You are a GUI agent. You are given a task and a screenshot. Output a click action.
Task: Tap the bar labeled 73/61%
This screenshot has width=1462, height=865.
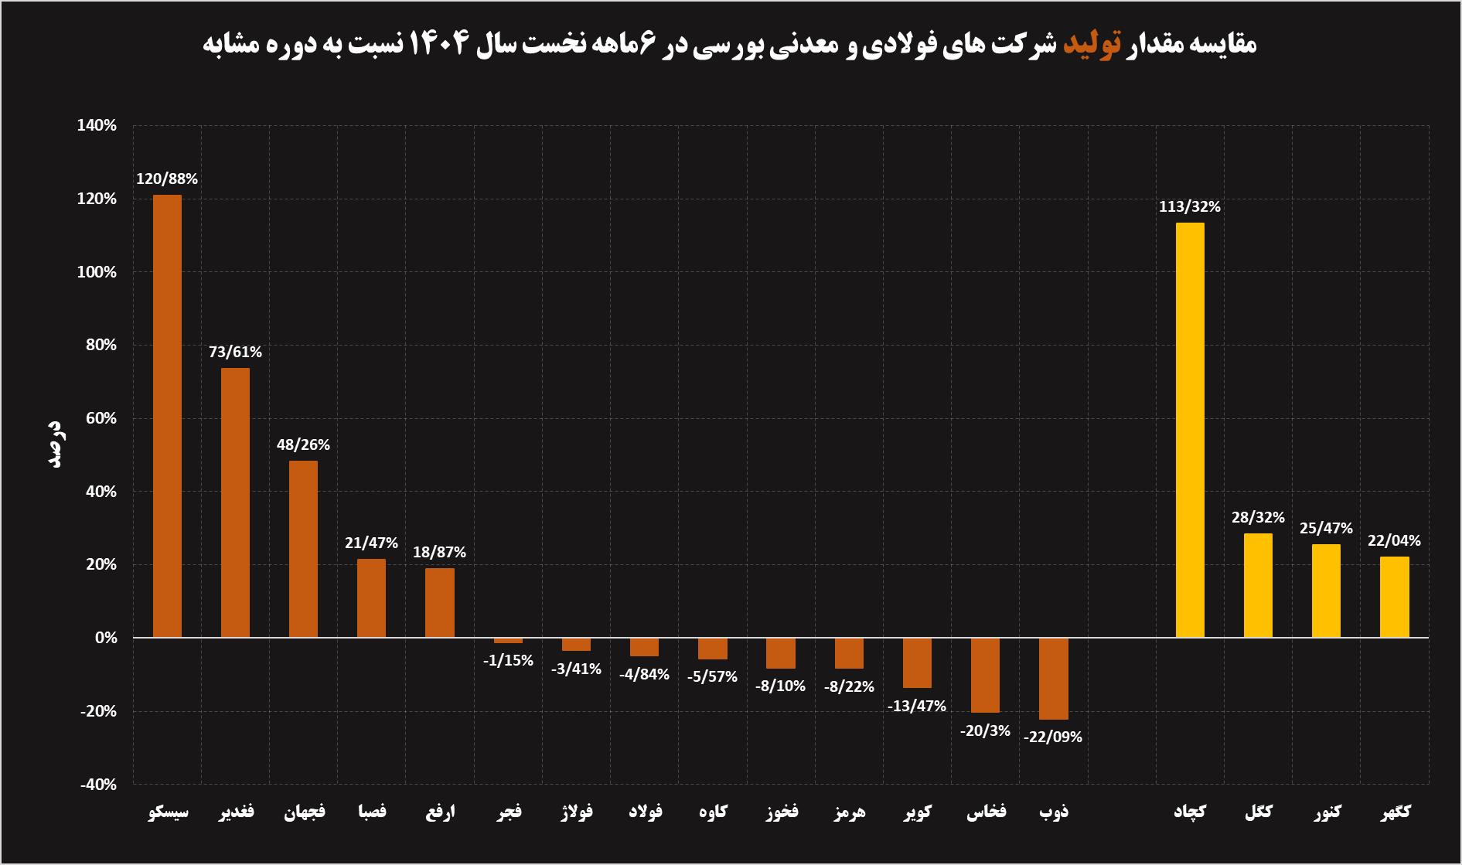coord(235,502)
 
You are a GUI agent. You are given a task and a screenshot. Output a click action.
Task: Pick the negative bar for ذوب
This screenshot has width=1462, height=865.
coord(1053,679)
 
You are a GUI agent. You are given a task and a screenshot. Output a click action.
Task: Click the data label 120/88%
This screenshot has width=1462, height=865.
coord(167,179)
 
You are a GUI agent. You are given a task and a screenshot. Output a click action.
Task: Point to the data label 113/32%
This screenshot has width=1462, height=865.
coord(1189,207)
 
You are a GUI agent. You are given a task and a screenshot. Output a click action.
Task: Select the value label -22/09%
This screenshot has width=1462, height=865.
coord(1053,737)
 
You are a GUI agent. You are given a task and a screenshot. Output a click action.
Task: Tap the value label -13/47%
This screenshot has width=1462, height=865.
coord(917,707)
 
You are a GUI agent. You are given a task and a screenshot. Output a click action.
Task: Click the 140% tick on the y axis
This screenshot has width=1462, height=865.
coord(97,126)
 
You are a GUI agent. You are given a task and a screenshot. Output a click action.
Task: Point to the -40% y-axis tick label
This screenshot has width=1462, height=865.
coord(97,785)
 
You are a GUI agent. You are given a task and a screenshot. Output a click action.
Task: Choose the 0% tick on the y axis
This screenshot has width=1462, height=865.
coord(106,639)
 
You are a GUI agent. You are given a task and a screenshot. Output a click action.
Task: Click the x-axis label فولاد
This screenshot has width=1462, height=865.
coord(645,812)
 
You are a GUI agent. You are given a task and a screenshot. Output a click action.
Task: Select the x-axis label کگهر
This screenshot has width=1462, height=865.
coord(1395,812)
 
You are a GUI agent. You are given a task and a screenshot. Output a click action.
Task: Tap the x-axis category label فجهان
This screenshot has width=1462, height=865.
coord(304,812)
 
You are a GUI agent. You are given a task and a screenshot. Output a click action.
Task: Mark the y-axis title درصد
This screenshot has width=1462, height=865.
coord(55,444)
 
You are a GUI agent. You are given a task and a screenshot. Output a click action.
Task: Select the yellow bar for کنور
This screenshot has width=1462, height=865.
coord(1326,591)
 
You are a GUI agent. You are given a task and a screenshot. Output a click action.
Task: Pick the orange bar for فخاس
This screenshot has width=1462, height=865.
coord(985,675)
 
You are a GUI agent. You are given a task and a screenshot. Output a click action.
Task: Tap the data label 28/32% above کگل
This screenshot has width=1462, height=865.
coord(1258,518)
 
